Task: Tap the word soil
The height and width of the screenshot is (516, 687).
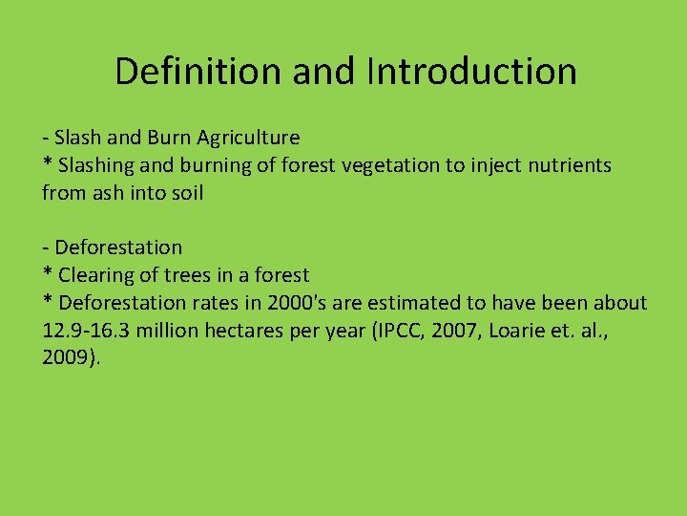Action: pyautogui.click(x=187, y=193)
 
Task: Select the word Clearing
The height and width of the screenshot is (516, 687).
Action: pyautogui.click(x=95, y=275)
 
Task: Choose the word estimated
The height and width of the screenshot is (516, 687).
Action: pyautogui.click(x=410, y=303)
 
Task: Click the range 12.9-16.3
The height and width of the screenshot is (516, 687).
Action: pyautogui.click(x=95, y=331)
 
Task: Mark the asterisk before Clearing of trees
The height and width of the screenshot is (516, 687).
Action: pyautogui.click(x=48, y=273)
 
